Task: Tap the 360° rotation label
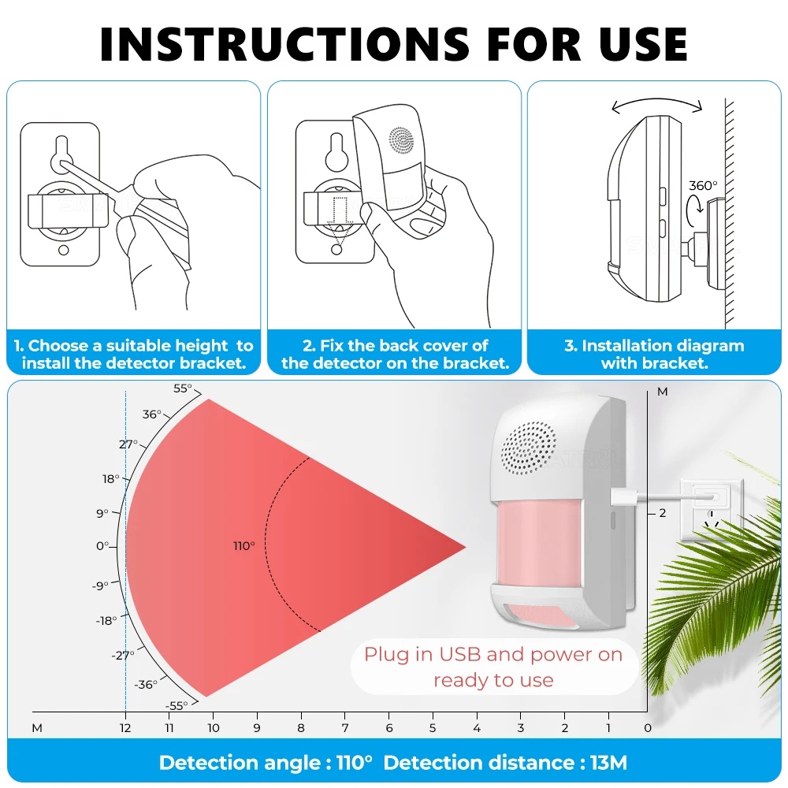click(704, 186)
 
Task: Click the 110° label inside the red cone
click(244, 546)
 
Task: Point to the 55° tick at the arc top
click(182, 388)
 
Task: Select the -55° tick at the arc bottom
click(178, 705)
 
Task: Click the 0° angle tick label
click(102, 546)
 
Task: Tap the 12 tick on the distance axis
click(125, 728)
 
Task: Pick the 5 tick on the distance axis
click(433, 728)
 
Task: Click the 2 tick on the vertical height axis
click(663, 513)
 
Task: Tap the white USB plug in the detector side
click(622, 496)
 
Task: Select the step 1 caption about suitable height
click(133, 355)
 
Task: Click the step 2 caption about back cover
click(395, 355)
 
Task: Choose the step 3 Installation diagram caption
click(654, 355)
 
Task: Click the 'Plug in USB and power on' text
click(493, 655)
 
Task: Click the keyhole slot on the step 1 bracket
click(59, 154)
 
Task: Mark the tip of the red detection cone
click(465, 546)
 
